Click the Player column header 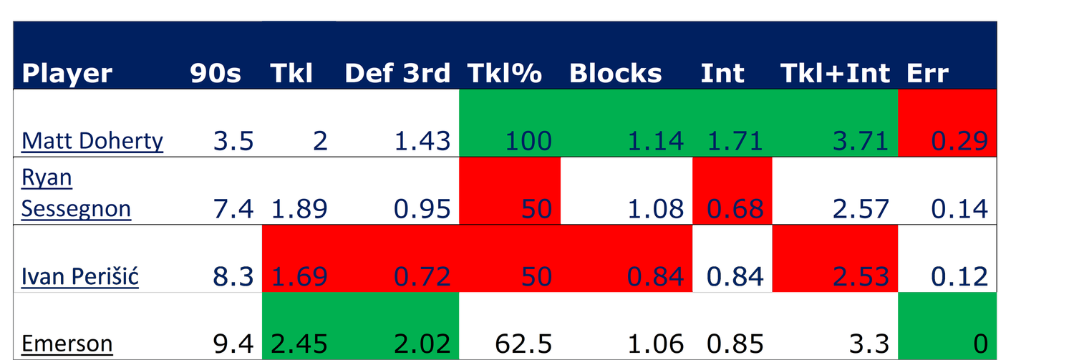[67, 74]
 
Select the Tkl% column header [505, 73]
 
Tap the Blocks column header [616, 73]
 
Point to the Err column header [928, 73]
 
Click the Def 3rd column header [397, 73]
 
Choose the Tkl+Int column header [836, 73]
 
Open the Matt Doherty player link [92, 141]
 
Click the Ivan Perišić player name [80, 276]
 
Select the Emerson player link [67, 344]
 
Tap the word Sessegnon [76, 209]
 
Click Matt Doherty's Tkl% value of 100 [528, 141]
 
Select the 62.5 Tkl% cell [523, 344]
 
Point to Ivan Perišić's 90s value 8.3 [233, 276]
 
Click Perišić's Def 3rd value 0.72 [422, 276]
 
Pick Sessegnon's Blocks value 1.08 [655, 209]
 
